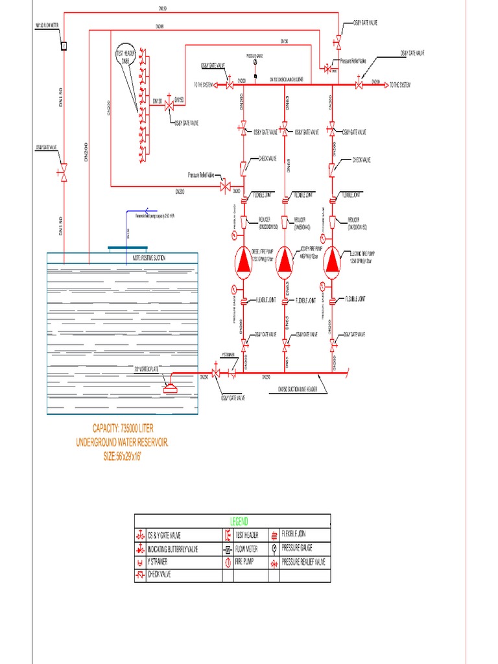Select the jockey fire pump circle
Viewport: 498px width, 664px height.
point(286,261)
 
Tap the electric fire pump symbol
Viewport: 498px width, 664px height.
point(331,261)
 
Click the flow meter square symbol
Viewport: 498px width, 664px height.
point(64,46)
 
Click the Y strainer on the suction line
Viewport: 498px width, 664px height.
point(231,374)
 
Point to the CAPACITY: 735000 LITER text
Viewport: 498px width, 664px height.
point(124,428)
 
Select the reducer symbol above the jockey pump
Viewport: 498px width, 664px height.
point(286,222)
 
